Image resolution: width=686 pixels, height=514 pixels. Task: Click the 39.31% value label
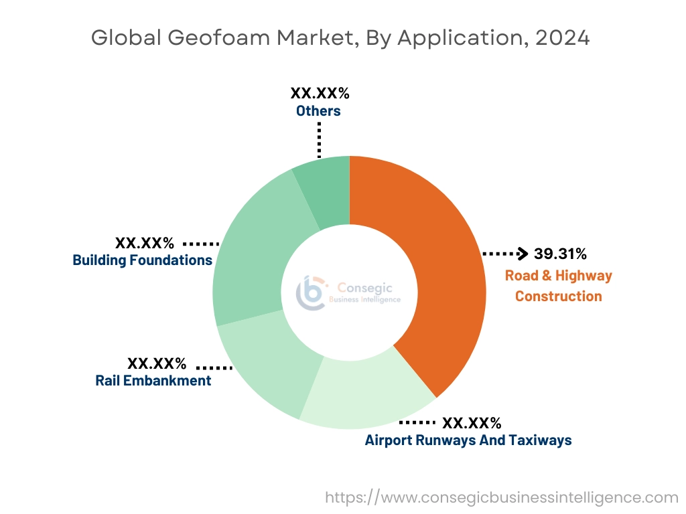tap(560, 254)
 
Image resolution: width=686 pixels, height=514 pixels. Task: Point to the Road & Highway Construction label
tap(558, 286)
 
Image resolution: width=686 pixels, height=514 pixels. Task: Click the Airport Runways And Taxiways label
tap(468, 440)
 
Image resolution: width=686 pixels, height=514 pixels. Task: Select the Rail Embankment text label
tap(153, 381)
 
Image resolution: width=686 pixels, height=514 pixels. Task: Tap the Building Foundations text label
tap(143, 260)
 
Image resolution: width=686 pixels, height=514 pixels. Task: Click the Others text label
tap(318, 110)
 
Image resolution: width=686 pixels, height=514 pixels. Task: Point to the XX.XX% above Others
tap(320, 93)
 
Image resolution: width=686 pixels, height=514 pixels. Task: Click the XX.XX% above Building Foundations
tap(144, 242)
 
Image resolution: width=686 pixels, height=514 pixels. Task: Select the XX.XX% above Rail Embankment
tap(157, 363)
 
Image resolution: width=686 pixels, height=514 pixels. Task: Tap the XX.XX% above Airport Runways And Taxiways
tap(472, 422)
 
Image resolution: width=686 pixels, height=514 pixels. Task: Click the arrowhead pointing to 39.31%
tap(523, 254)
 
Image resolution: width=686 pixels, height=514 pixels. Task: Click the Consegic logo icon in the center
tap(311, 292)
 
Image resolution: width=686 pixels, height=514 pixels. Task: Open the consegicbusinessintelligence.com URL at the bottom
tap(502, 497)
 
